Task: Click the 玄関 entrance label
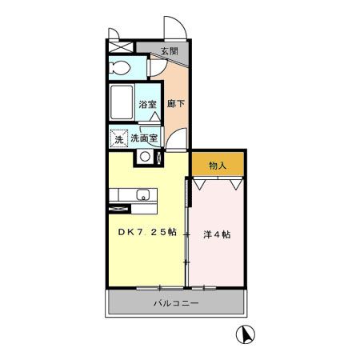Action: (168, 51)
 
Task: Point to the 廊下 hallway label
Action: (174, 103)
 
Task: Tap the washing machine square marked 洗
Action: (118, 138)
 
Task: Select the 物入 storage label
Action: (218, 166)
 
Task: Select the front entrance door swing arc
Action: (176, 28)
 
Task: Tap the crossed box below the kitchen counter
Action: (119, 210)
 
